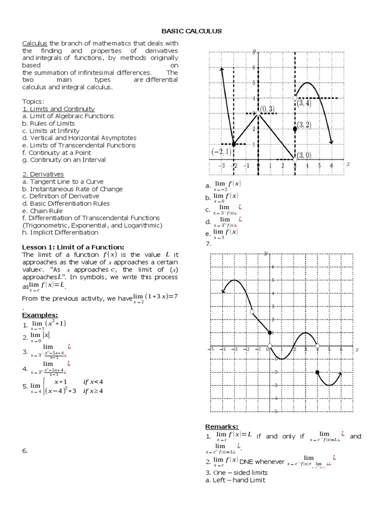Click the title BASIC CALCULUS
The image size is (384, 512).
(191, 31)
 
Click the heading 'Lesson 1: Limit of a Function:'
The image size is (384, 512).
(73, 247)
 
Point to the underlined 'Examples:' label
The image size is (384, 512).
(40, 315)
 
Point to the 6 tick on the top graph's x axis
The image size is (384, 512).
(331, 166)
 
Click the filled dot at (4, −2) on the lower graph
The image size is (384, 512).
(317, 372)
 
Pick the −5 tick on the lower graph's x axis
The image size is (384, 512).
(212, 349)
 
